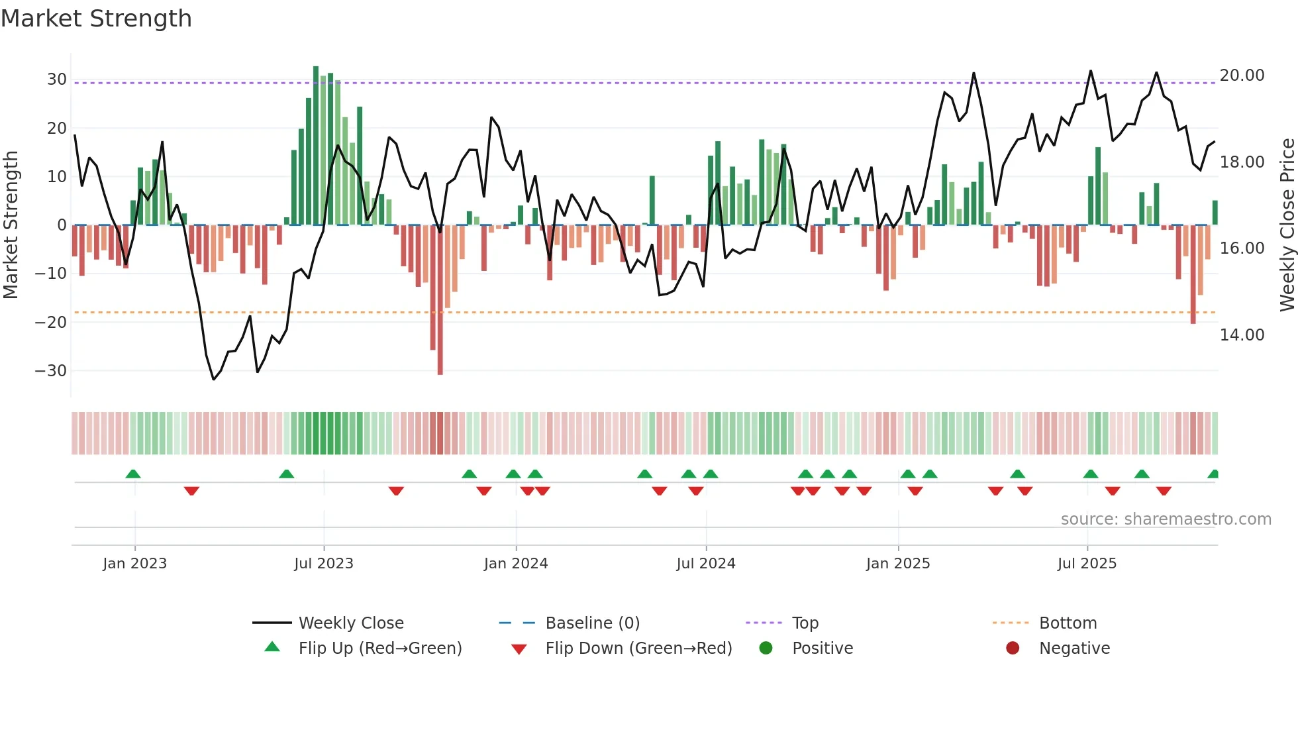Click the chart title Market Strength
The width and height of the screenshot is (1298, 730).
[x=96, y=19]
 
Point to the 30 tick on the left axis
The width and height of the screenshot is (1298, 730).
[x=56, y=79]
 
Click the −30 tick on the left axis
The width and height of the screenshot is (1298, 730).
[x=51, y=371]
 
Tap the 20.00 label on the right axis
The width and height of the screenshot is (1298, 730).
[x=1242, y=76]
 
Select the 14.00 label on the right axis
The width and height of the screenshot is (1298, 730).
[x=1242, y=335]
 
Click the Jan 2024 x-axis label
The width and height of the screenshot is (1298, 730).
[x=516, y=564]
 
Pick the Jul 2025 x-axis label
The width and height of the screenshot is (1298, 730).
[x=1087, y=564]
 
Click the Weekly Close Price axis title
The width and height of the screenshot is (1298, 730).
[x=1287, y=225]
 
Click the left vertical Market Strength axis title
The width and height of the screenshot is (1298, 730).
[x=11, y=225]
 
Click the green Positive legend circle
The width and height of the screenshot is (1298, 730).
[x=766, y=648]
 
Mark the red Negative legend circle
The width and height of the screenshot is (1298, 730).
[x=1013, y=648]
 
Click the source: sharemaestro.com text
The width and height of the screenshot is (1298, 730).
[x=1166, y=519]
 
